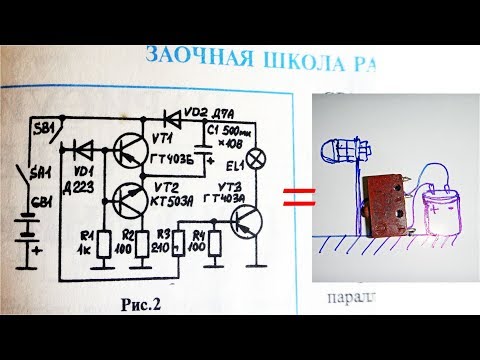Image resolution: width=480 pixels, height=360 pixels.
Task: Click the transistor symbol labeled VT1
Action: [x=127, y=151]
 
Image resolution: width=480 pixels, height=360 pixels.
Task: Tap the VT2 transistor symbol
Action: [x=127, y=200]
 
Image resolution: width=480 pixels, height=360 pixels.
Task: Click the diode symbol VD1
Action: [x=83, y=149]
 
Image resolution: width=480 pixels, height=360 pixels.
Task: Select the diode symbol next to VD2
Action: [x=173, y=115]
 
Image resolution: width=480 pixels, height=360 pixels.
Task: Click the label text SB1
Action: [x=42, y=130]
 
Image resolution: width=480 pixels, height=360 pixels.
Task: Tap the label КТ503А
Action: [x=173, y=200]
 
